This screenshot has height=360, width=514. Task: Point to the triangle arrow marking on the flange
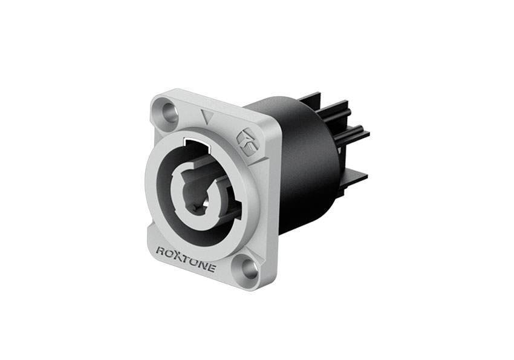pos(207,116)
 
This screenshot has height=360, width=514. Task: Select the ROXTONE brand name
pos(186,260)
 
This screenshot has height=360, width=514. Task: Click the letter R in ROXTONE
pos(160,252)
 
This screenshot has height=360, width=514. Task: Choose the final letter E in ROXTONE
pos(212,268)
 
